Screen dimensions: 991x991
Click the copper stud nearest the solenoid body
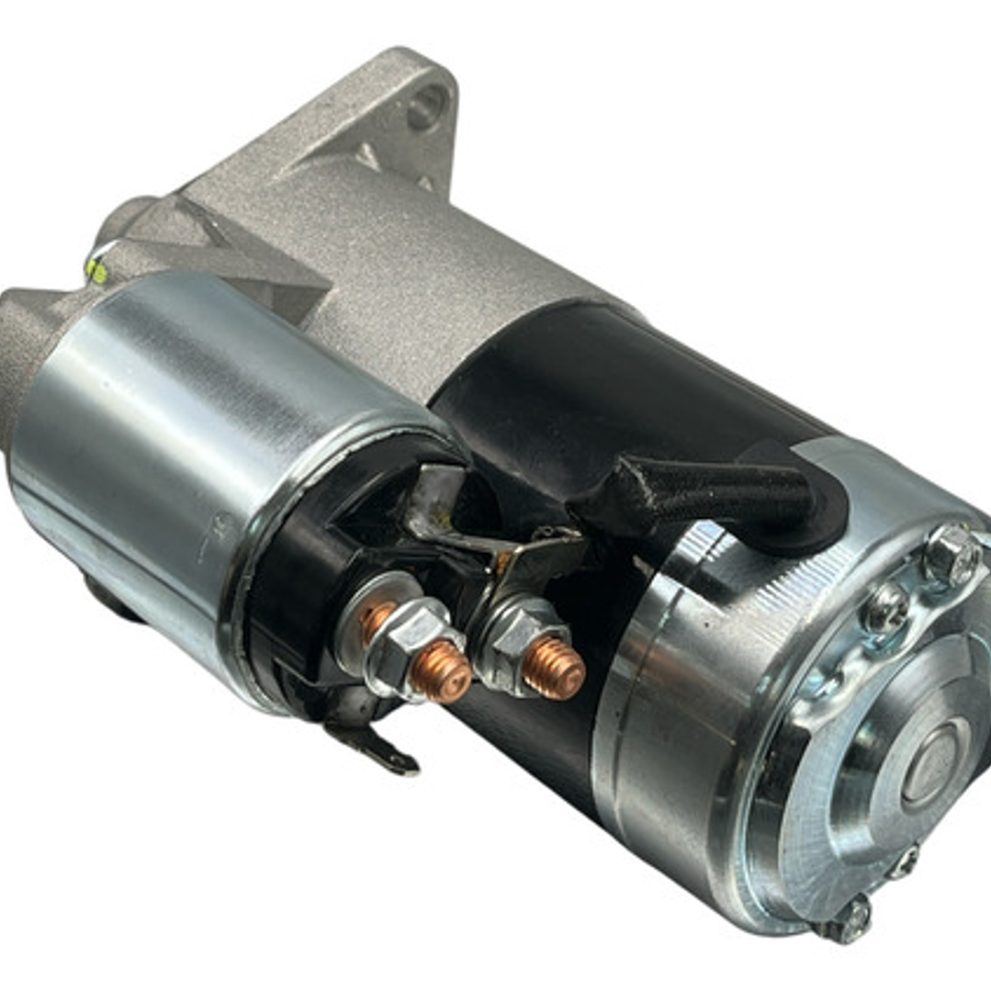click(x=439, y=670)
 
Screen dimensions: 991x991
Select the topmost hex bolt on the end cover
click(x=952, y=555)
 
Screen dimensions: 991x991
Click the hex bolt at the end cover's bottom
click(x=850, y=918)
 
